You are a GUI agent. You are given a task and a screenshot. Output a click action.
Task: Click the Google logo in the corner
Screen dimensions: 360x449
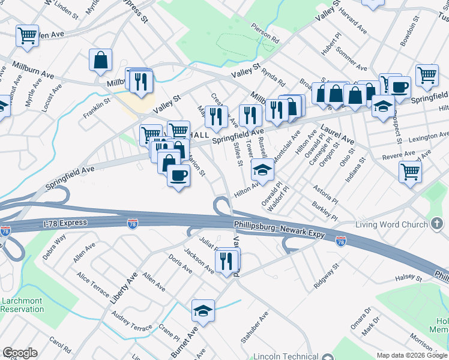pyautogui.click(x=20, y=353)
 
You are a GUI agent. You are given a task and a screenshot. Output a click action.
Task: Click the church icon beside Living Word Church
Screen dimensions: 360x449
pyautogui.click(x=437, y=224)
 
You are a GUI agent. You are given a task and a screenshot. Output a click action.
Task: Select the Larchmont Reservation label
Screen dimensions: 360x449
pyautogui.click(x=22, y=305)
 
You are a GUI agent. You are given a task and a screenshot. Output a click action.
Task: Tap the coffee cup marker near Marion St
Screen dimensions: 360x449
pyautogui.click(x=178, y=176)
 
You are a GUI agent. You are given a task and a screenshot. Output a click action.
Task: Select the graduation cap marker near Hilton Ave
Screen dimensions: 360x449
pyautogui.click(x=262, y=171)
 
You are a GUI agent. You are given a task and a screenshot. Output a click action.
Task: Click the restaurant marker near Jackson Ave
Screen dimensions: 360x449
pyautogui.click(x=226, y=260)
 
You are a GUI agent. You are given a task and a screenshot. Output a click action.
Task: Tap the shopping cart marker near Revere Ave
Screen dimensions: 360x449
pyautogui.click(x=410, y=172)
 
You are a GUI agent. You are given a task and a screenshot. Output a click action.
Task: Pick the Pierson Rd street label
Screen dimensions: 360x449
pyautogui.click(x=266, y=35)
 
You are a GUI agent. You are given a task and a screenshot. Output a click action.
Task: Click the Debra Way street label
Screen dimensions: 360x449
pyautogui.click(x=54, y=247)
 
